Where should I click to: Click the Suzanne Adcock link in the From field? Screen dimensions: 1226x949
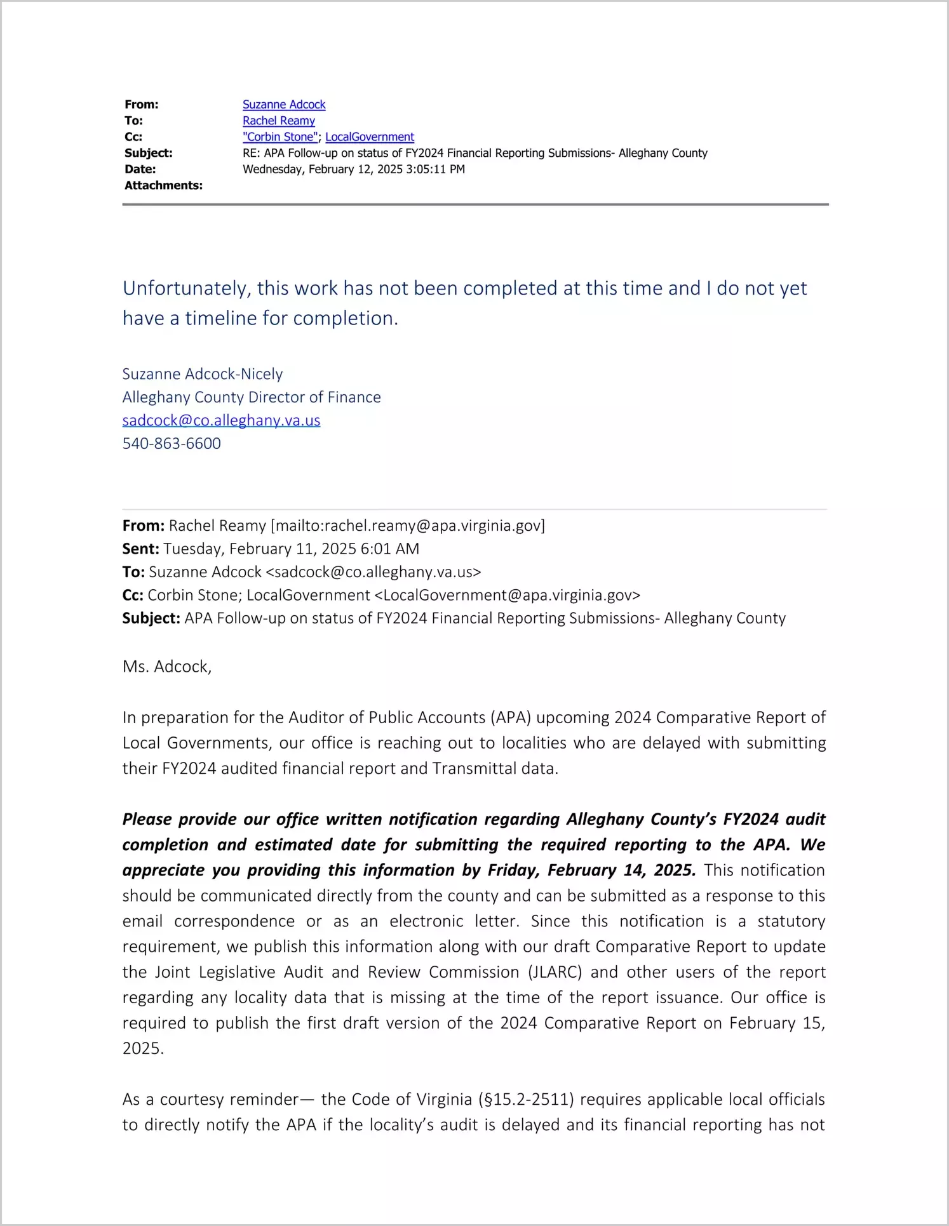pos(284,104)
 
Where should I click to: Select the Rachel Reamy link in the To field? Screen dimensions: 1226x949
pos(278,121)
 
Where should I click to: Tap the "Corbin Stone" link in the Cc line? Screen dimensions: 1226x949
pos(279,137)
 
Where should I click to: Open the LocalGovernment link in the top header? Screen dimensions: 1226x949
pos(370,137)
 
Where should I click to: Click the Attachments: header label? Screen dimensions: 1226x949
pos(163,185)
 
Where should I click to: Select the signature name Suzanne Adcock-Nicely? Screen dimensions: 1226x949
pos(203,374)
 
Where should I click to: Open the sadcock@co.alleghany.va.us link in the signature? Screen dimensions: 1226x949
pos(221,420)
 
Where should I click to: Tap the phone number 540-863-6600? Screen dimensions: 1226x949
pos(172,443)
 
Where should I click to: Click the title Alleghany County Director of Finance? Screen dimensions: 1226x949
pos(252,397)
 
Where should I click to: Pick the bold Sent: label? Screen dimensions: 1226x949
pos(140,549)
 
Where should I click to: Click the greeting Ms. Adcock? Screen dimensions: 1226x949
pos(167,667)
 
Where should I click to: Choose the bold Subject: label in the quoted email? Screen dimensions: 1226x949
pos(151,618)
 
